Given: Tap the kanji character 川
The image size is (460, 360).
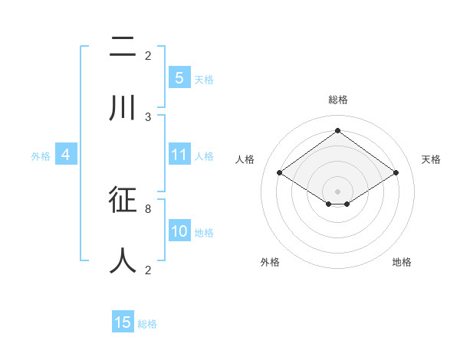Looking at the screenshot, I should (123, 108).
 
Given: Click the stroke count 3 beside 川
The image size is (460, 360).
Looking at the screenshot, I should (149, 117).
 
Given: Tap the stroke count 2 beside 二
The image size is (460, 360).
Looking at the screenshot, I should (149, 56).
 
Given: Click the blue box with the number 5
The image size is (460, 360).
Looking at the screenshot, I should (179, 78).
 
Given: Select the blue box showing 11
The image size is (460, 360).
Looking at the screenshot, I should (179, 155).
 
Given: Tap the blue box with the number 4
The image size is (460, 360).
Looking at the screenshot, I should (66, 155).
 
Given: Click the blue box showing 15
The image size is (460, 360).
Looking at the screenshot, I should (123, 322).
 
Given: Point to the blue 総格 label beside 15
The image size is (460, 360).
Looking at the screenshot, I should (147, 324).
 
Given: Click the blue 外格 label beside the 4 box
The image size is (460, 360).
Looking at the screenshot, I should (41, 156).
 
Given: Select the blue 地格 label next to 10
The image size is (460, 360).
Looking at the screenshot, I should (204, 233).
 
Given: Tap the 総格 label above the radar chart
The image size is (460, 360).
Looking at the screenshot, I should (337, 100).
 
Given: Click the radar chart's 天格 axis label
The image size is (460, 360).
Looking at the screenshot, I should (431, 159).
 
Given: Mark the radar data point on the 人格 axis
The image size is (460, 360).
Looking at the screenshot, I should (279, 173).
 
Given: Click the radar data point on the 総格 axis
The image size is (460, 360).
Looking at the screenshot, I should (337, 130).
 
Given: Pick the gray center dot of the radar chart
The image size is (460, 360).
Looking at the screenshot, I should (337, 191).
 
